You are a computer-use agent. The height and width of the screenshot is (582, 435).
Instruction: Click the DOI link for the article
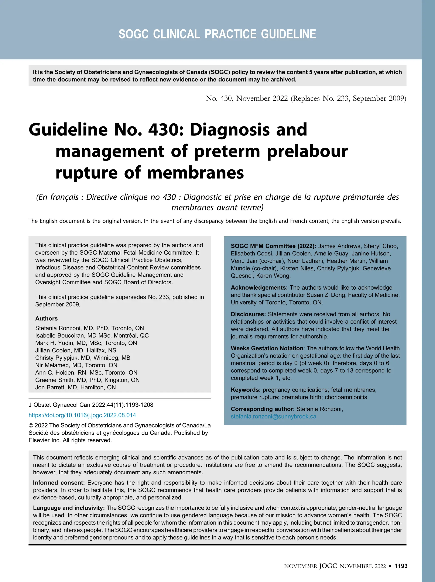pyautogui.click(x=82, y=415)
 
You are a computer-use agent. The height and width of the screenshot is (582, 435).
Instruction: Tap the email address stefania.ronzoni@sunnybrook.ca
pyautogui.click(x=273, y=417)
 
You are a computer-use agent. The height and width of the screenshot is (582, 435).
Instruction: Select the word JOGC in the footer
pyautogui.click(x=328, y=566)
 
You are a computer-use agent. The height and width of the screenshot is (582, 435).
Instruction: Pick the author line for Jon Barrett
pyautogui.click(x=75, y=387)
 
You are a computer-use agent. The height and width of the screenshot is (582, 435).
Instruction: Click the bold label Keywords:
pyautogui.click(x=246, y=390)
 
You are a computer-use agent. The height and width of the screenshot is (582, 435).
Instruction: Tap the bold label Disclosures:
pyautogui.click(x=248, y=314)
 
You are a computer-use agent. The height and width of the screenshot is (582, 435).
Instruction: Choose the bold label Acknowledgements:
pyautogui.click(x=259, y=287)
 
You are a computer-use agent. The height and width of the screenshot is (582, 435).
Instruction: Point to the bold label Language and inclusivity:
pyautogui.click(x=69, y=508)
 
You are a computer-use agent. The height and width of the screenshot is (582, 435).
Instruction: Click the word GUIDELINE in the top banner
pyautogui.click(x=288, y=34)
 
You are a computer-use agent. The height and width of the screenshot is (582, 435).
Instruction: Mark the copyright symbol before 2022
pyautogui.click(x=31, y=426)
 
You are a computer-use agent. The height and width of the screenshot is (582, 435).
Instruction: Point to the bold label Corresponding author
pyautogui.click(x=262, y=409)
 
